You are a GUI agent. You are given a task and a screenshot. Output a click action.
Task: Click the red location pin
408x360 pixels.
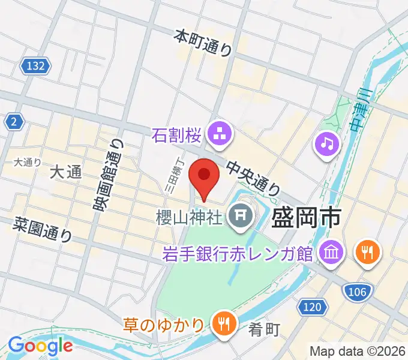click(x=204, y=176)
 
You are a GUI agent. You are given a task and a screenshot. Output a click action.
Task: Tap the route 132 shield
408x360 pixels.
click(x=35, y=66)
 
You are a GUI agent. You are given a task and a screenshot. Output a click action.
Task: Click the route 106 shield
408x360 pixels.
click(x=356, y=292)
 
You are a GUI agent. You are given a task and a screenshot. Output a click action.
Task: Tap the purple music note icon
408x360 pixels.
click(x=327, y=143)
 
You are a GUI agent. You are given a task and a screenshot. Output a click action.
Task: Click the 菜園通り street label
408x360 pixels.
click(x=43, y=229)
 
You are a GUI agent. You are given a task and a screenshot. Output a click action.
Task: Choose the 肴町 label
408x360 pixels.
click(x=264, y=329)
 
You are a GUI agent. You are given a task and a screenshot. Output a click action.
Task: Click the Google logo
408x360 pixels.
click(x=40, y=346)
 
